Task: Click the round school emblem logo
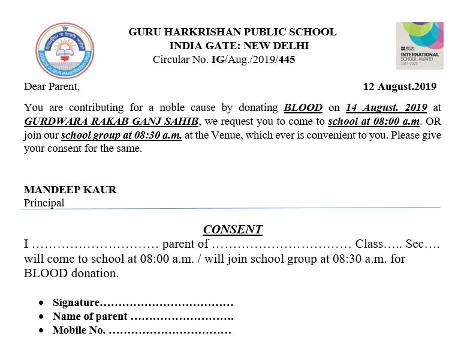point(65,50)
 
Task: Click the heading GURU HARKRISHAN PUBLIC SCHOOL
point(233,32)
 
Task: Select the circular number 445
point(286,59)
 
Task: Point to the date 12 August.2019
point(399,86)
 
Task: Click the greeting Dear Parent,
point(52,86)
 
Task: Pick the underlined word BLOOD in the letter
point(303,108)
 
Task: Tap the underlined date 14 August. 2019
point(386,108)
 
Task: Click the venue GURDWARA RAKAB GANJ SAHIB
point(112,122)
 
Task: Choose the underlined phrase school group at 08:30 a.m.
point(122,135)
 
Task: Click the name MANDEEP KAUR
point(70,190)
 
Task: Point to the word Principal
point(44,203)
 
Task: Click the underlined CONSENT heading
point(233,229)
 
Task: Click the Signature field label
point(76,302)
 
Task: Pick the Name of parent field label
point(90,316)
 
